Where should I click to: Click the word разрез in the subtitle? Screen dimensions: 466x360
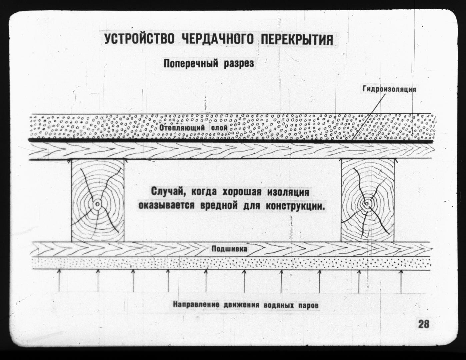click(x=239, y=64)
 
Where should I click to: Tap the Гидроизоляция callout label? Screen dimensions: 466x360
click(x=389, y=89)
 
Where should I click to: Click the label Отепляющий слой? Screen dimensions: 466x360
click(x=193, y=128)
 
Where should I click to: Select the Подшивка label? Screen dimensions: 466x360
click(x=229, y=249)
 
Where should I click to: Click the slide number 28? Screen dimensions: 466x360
click(x=424, y=324)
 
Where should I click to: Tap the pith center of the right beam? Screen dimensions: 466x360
click(x=366, y=203)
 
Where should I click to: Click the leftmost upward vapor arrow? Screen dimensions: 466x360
click(x=59, y=280)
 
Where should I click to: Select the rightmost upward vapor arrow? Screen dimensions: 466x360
click(x=401, y=281)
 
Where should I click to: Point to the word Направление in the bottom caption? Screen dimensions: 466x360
click(x=196, y=305)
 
